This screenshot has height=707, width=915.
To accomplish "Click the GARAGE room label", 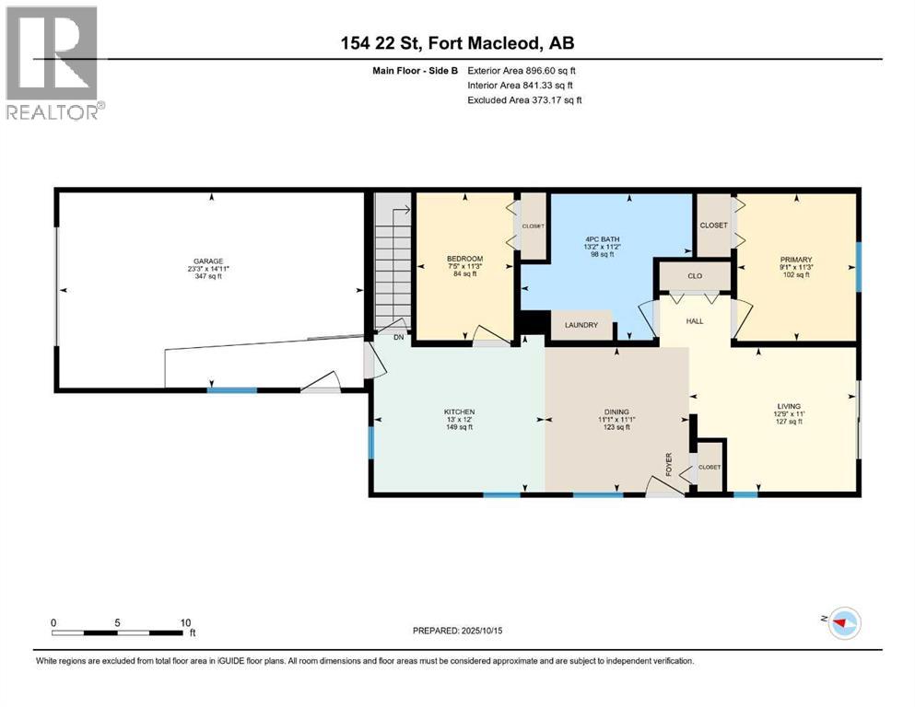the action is coord(208,261).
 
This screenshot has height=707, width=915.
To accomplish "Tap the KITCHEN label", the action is coord(459,411).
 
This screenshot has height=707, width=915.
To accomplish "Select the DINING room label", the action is coord(616,411).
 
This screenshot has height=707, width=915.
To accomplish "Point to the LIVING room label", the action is coord(789,406).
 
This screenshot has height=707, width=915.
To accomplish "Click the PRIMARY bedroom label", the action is coord(796,260).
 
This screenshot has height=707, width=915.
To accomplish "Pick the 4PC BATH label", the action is coord(603,239).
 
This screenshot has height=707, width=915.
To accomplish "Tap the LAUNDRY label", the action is coord(581,325).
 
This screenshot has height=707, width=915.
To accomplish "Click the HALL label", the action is coord(695,321).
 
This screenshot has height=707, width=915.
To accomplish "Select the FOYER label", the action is coord(669,465).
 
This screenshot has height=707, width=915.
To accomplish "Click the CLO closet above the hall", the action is coord(695,275).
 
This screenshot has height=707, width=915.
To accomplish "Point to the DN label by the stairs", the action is coord(399,338).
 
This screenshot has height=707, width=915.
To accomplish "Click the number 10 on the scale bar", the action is coord(185,622).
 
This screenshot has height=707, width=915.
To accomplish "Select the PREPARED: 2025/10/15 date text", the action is coord(457,631).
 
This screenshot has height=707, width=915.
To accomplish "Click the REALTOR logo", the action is coord(54,63).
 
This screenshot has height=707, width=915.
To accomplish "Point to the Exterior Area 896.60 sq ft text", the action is coord(522,71).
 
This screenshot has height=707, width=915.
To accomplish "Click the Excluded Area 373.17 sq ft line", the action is coord(524,99).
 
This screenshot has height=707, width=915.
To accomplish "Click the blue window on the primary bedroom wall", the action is coord(859,266).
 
